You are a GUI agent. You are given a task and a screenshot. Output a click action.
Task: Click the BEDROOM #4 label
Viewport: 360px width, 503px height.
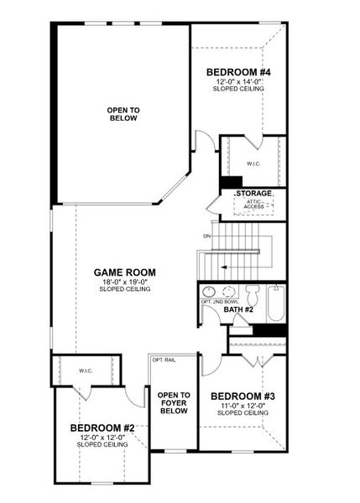tap(238, 72)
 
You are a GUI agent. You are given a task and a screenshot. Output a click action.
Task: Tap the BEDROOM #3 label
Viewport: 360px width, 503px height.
tap(243, 397)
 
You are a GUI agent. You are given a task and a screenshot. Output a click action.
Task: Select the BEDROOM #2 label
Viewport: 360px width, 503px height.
tap(102, 428)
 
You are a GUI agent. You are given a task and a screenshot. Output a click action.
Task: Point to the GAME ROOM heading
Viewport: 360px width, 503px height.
tap(124, 272)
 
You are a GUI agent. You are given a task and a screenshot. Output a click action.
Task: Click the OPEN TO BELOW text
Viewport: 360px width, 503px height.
tap(123, 114)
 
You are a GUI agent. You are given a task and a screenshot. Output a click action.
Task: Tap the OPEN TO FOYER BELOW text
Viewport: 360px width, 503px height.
tap(174, 403)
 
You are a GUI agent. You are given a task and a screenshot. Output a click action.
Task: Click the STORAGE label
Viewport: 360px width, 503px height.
tap(254, 194)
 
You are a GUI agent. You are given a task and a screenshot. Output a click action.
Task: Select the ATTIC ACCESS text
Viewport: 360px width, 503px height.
tap(253, 205)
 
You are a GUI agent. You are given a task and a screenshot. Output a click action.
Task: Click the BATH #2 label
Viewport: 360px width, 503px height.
tap(238, 309)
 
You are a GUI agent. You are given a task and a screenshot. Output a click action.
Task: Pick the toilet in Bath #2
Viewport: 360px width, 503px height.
tap(252, 295)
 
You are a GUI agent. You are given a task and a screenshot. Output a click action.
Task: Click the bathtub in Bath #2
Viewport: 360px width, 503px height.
tap(276, 303)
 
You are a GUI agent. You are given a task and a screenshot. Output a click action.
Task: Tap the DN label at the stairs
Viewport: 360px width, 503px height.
tap(206, 236)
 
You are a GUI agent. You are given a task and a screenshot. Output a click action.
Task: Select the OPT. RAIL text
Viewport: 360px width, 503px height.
tap(164, 360)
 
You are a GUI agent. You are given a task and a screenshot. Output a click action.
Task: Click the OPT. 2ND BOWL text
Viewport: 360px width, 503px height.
tap(220, 302)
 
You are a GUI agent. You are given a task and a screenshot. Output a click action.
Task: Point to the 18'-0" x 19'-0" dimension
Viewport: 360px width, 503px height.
tap(124, 283)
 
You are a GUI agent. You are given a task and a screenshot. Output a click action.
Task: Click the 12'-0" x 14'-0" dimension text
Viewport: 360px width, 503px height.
tap(238, 82)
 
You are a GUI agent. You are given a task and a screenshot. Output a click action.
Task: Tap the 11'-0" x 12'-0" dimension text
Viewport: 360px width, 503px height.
tap(243, 406)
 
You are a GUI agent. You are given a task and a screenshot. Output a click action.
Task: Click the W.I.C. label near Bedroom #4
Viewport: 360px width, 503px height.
tap(253, 164)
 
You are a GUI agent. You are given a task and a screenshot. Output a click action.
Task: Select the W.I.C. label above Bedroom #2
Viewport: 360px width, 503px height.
tap(86, 371)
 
